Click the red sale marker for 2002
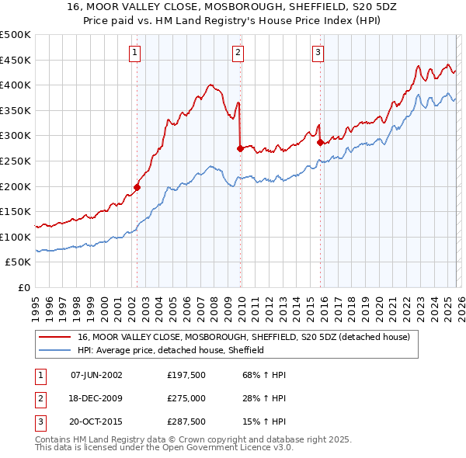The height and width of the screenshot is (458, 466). (137, 186)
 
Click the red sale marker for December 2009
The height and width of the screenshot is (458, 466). (240, 147)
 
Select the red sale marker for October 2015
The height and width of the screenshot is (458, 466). (320, 141)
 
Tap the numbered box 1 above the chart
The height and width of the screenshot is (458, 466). (134, 53)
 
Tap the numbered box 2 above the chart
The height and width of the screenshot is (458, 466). (238, 53)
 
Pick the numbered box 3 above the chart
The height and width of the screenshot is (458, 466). (318, 53)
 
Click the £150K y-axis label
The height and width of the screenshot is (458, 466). (16, 212)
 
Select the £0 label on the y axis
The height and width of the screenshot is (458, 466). (23, 288)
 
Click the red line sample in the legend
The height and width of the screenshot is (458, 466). (55, 338)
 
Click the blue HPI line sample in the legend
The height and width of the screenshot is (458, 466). (55, 351)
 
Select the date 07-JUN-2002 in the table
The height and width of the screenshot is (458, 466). (96, 375)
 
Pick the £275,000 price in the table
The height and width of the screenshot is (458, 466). (186, 398)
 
